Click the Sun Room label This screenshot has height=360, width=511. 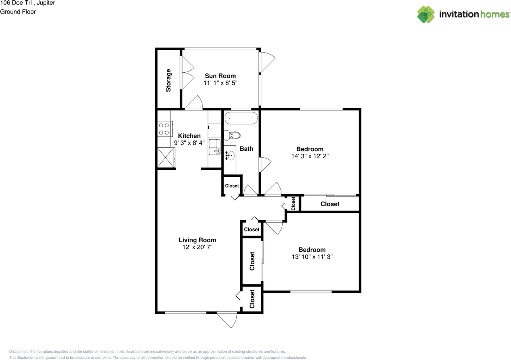click(220, 76)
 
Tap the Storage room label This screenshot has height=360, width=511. click(168, 81)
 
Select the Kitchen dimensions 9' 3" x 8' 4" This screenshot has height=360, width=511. click(189, 143)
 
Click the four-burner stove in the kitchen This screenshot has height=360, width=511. click(165, 129)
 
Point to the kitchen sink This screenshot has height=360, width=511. click(214, 147)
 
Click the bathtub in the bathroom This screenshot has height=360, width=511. click(241, 118)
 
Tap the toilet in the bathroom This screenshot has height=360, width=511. click(232, 135)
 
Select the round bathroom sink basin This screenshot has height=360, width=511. click(231, 156)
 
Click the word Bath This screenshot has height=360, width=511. click(246, 149)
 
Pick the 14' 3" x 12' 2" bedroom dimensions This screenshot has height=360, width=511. click(310, 156)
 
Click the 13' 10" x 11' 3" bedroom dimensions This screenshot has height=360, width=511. click(312, 257)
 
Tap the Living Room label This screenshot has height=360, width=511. click(197, 240)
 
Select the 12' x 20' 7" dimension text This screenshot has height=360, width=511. click(197, 247)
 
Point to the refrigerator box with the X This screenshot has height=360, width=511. click(166, 158)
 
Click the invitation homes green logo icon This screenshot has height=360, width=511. click(426, 14)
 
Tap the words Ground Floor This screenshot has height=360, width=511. click(18, 12)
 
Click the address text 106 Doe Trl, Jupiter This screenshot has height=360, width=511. click(28, 3)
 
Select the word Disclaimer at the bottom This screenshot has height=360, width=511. click(18, 352)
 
